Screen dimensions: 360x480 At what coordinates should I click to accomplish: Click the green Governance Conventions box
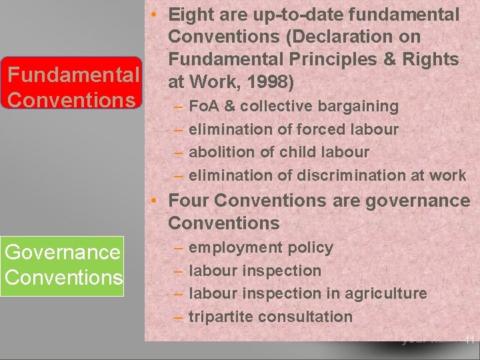(62, 265)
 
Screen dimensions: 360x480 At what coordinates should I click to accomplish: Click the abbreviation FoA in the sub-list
(204, 106)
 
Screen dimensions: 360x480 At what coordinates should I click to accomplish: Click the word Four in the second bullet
(189, 200)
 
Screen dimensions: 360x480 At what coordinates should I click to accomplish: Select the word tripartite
(221, 317)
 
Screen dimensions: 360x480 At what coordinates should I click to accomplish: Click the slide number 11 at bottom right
(470, 340)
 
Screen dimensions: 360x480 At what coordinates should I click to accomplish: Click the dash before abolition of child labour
(179, 152)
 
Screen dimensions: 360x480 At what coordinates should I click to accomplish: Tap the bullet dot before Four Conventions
(154, 200)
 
